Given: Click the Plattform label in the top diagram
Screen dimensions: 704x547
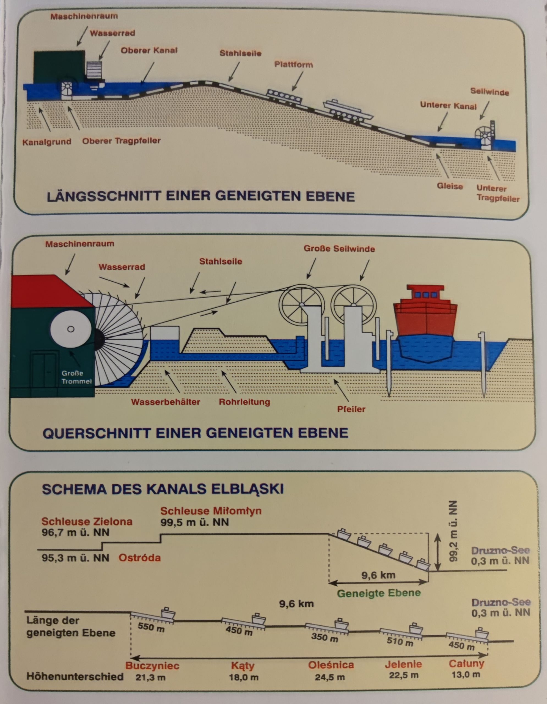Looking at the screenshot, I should (x=293, y=65).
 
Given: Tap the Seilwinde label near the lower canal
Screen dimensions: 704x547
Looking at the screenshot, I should (x=489, y=92).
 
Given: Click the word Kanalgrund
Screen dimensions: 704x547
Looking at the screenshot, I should (x=47, y=142).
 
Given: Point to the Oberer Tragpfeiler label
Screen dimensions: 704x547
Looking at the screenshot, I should (x=121, y=141).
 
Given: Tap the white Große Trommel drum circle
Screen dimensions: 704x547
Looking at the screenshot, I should (x=71, y=329).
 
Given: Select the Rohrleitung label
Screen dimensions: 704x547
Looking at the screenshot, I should (x=244, y=402).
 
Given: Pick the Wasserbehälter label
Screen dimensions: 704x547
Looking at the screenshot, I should (x=166, y=402).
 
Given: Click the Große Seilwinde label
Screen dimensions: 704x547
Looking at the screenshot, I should (x=339, y=249).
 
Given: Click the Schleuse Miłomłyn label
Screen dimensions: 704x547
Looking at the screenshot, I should (x=211, y=511).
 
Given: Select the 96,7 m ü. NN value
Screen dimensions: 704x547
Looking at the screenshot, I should (x=75, y=532).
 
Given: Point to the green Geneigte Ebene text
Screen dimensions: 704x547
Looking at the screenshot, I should (x=379, y=593).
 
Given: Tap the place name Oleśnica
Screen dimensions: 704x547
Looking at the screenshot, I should (x=331, y=665).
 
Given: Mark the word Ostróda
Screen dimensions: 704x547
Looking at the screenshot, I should (x=140, y=558).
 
